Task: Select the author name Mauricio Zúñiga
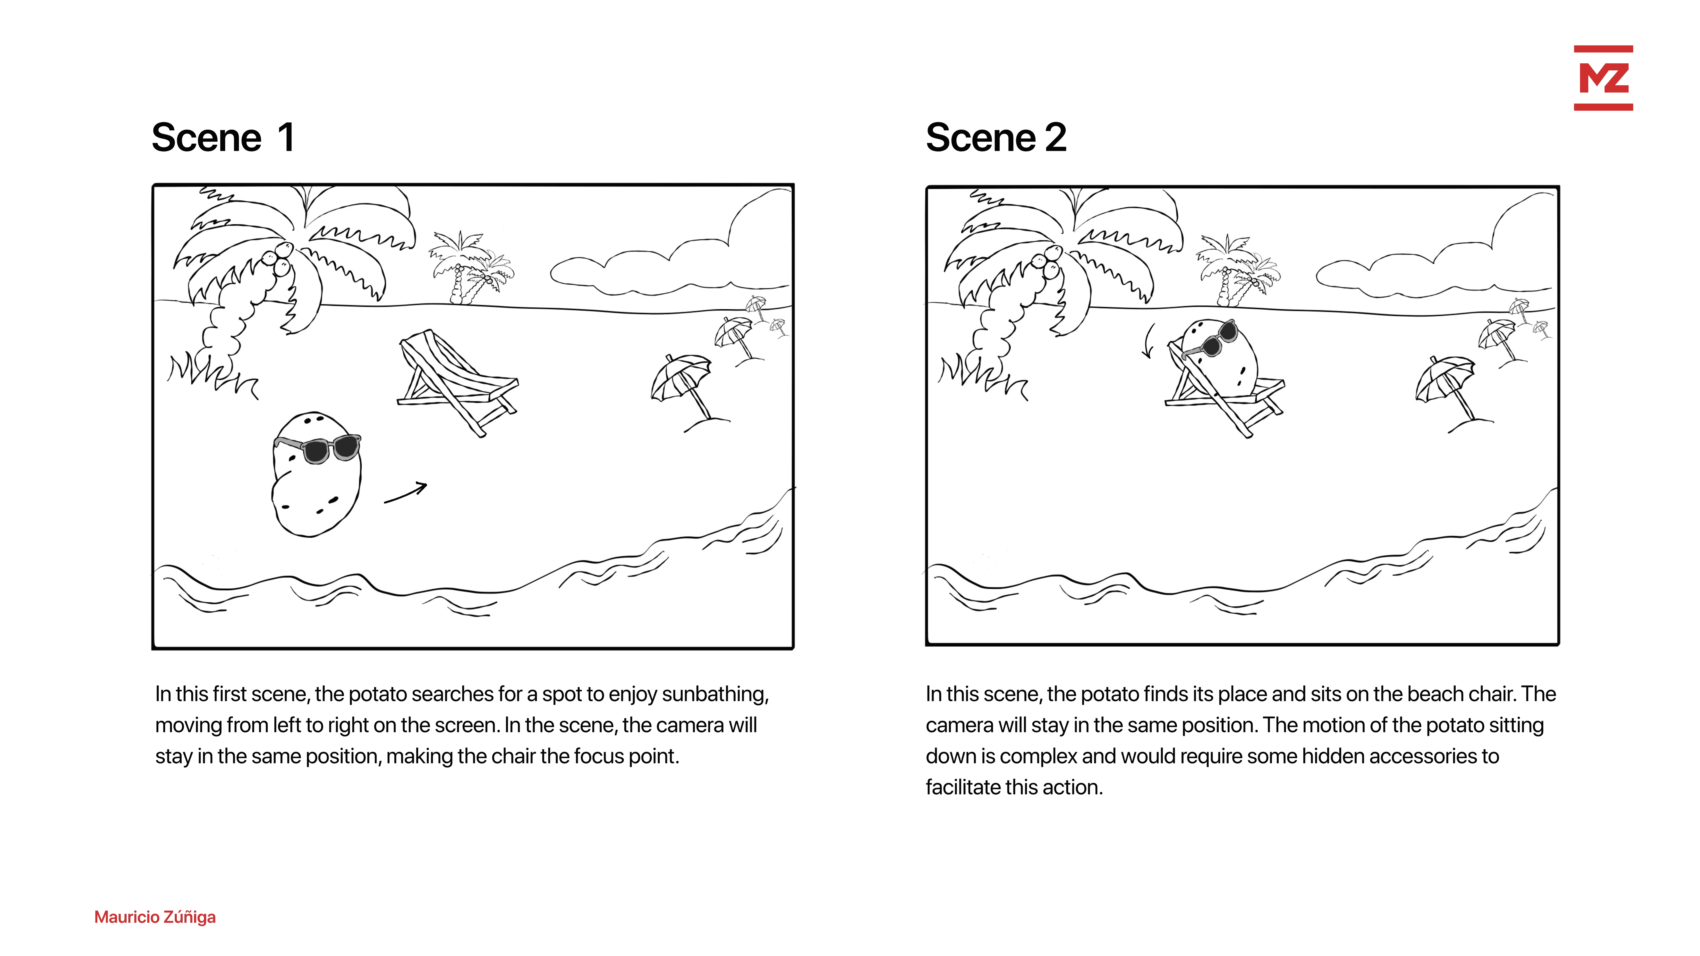click(155, 917)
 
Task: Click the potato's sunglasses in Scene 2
click(1211, 340)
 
